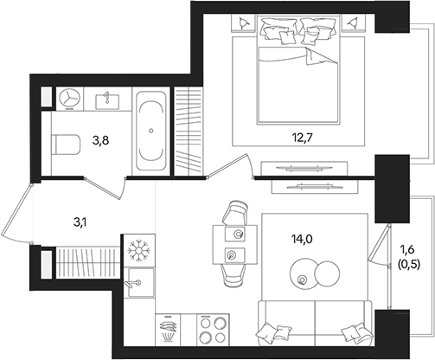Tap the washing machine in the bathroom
pyautogui.click(x=68, y=99)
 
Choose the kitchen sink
pyautogui.click(x=137, y=280)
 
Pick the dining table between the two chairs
pyautogui.click(x=234, y=244)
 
